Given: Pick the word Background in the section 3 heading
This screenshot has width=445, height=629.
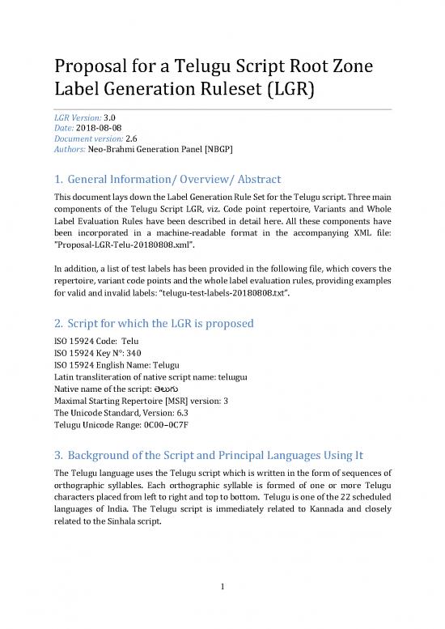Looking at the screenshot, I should pos(106,449).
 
